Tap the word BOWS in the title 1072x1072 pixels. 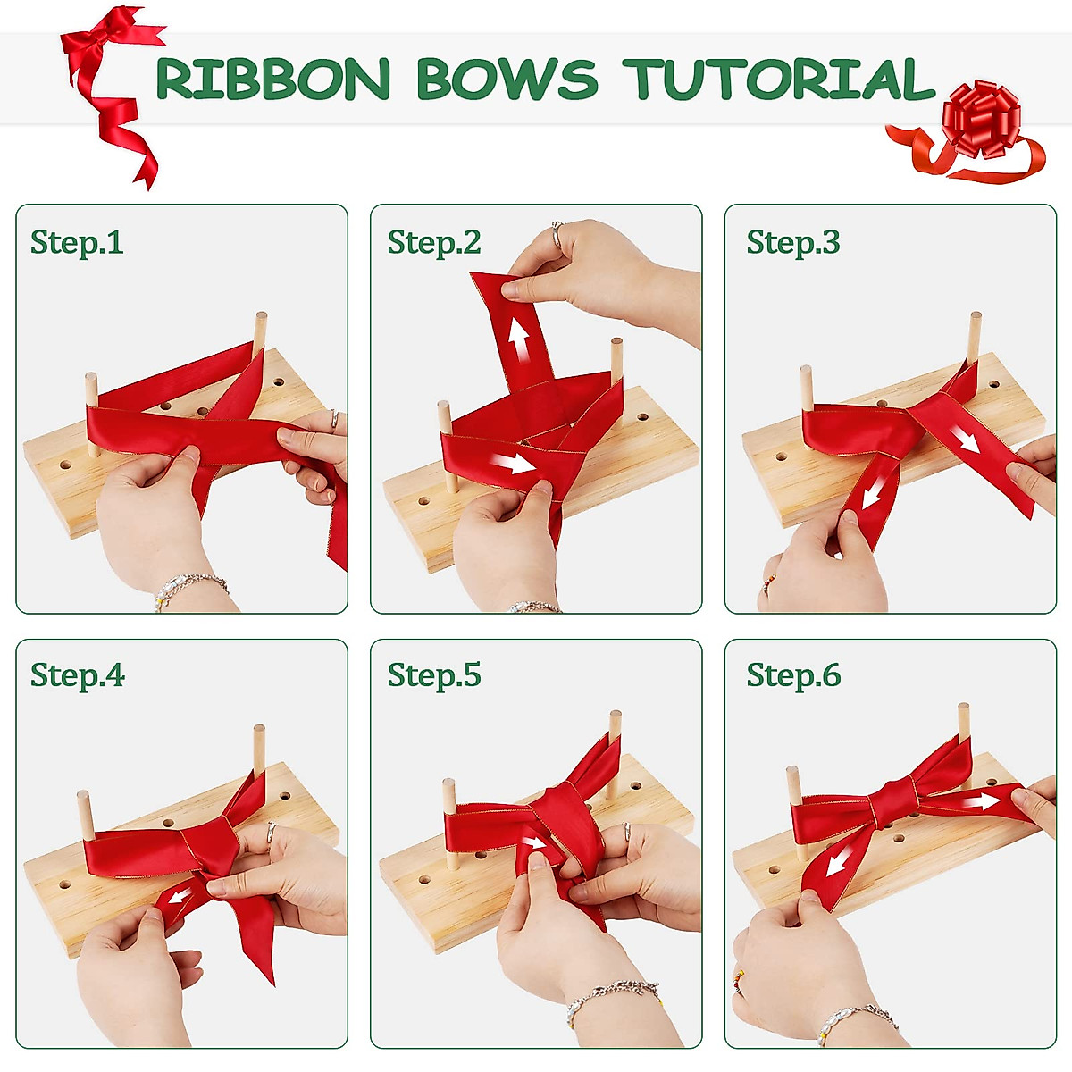pos(507,80)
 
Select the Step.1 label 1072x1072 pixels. pos(77,242)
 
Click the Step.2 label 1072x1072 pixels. pos(434,242)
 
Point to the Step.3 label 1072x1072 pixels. pos(793,242)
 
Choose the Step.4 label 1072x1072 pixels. pos(78,675)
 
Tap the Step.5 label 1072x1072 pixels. pos(434,675)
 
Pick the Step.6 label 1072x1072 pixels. pos(793,675)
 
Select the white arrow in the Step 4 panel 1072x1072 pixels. pos(180,896)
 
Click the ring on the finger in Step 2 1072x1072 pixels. pos(557,234)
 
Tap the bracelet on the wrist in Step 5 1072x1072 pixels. pos(613,993)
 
